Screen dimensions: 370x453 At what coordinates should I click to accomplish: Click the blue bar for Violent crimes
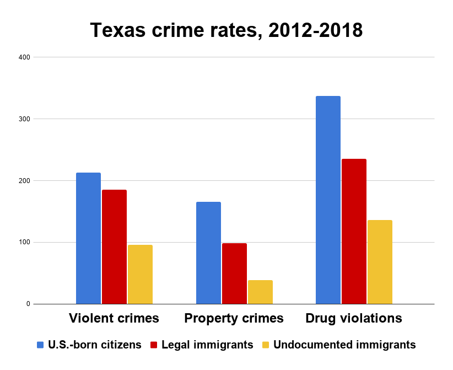point(88,238)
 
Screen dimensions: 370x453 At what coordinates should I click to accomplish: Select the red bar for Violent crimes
point(114,246)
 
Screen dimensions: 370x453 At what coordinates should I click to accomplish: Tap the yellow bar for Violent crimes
point(140,274)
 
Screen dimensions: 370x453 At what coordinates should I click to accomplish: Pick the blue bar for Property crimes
point(208,253)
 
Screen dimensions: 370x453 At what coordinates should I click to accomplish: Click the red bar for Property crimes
point(234,273)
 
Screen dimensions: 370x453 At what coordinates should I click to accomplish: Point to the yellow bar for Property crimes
point(260,292)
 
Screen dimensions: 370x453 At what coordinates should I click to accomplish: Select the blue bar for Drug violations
point(328,200)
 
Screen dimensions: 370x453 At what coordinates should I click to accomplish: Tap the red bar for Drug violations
point(354,231)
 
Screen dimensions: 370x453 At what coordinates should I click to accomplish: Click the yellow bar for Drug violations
point(380,262)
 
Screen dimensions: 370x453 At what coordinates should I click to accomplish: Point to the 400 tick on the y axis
point(24,57)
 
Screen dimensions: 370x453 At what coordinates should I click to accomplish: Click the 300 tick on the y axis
point(24,119)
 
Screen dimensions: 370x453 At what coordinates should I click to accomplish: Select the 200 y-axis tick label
point(24,181)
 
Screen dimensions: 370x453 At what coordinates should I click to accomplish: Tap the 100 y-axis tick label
point(24,243)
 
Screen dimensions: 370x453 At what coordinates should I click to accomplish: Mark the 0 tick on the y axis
point(28,304)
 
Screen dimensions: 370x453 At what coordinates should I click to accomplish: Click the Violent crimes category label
point(114,318)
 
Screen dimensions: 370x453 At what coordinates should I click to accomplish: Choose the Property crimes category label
point(234,318)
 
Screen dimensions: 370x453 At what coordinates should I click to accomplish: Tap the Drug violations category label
point(354,318)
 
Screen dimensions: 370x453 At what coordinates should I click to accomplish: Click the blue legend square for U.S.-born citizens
point(40,345)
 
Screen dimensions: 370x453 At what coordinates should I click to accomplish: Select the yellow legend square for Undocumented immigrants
point(266,345)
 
